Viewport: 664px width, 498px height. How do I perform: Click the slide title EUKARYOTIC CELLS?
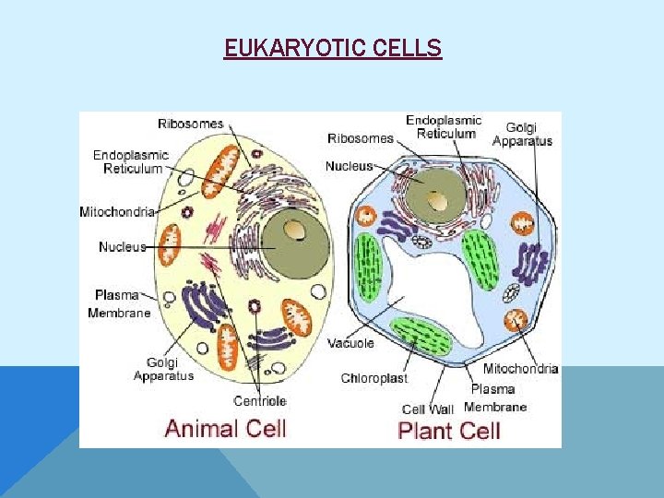click(x=332, y=47)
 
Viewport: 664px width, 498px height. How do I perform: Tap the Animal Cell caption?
click(x=225, y=428)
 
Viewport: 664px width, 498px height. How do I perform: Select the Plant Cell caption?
click(x=448, y=430)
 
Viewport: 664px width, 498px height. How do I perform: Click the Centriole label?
click(x=260, y=400)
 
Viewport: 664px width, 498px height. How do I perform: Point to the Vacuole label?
click(x=350, y=343)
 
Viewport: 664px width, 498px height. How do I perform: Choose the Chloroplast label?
click(x=373, y=378)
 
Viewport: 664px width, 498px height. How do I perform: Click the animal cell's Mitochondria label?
click(x=116, y=211)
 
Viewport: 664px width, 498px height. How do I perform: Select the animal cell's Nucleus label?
click(x=122, y=246)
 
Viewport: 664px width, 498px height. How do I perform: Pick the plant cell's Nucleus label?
click(x=349, y=166)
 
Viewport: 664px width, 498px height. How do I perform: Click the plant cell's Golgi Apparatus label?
click(x=522, y=134)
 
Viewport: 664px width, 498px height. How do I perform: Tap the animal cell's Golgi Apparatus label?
click(x=163, y=369)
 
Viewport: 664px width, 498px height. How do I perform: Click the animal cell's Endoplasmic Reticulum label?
click(x=130, y=162)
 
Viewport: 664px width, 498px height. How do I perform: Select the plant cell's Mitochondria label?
click(x=520, y=369)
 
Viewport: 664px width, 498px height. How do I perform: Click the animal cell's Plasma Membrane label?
click(x=118, y=303)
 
